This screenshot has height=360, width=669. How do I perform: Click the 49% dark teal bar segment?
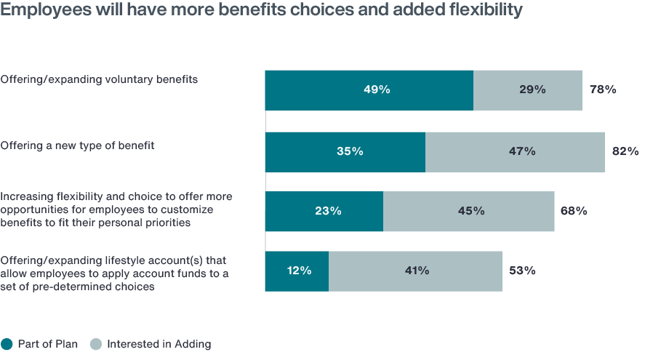tap(369, 90)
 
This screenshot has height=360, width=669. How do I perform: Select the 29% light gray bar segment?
tap(528, 90)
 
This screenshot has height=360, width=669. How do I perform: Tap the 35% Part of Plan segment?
tap(345, 151)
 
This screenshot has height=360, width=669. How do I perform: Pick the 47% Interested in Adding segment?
tap(515, 151)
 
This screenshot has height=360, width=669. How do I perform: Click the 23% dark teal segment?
tap(324, 212)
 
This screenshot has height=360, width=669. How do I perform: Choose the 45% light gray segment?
tap(469, 212)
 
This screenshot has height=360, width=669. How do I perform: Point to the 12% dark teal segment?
tap(297, 271)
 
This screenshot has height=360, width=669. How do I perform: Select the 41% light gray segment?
tap(415, 271)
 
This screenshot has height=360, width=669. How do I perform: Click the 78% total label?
tap(603, 90)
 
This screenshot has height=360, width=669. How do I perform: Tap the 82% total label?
tap(625, 151)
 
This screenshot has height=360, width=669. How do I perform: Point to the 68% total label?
tap(574, 212)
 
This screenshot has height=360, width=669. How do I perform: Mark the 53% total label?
tap(522, 271)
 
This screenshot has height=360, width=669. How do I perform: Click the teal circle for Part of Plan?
tap(7, 344)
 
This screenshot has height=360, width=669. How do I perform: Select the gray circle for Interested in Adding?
tap(95, 344)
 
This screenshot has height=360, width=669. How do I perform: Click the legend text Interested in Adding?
tap(159, 344)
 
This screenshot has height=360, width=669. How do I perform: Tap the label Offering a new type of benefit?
tap(77, 145)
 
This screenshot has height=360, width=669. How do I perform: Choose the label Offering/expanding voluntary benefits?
tap(99, 79)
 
